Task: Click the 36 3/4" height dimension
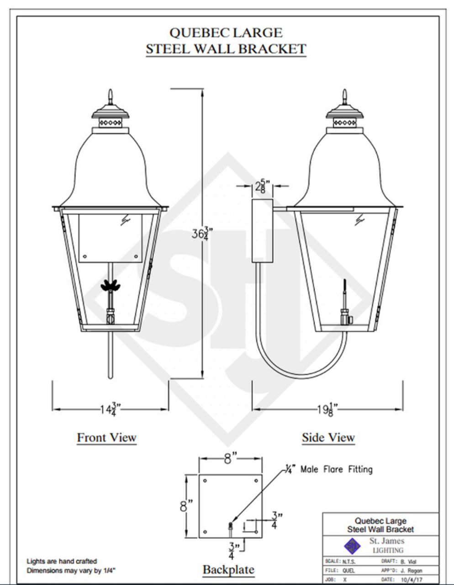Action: tap(202, 234)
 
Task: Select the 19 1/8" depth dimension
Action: tap(327, 409)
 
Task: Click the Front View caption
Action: tap(107, 437)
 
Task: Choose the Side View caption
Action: tap(328, 437)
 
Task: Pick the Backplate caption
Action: tap(229, 569)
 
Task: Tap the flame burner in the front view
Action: tap(110, 285)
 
